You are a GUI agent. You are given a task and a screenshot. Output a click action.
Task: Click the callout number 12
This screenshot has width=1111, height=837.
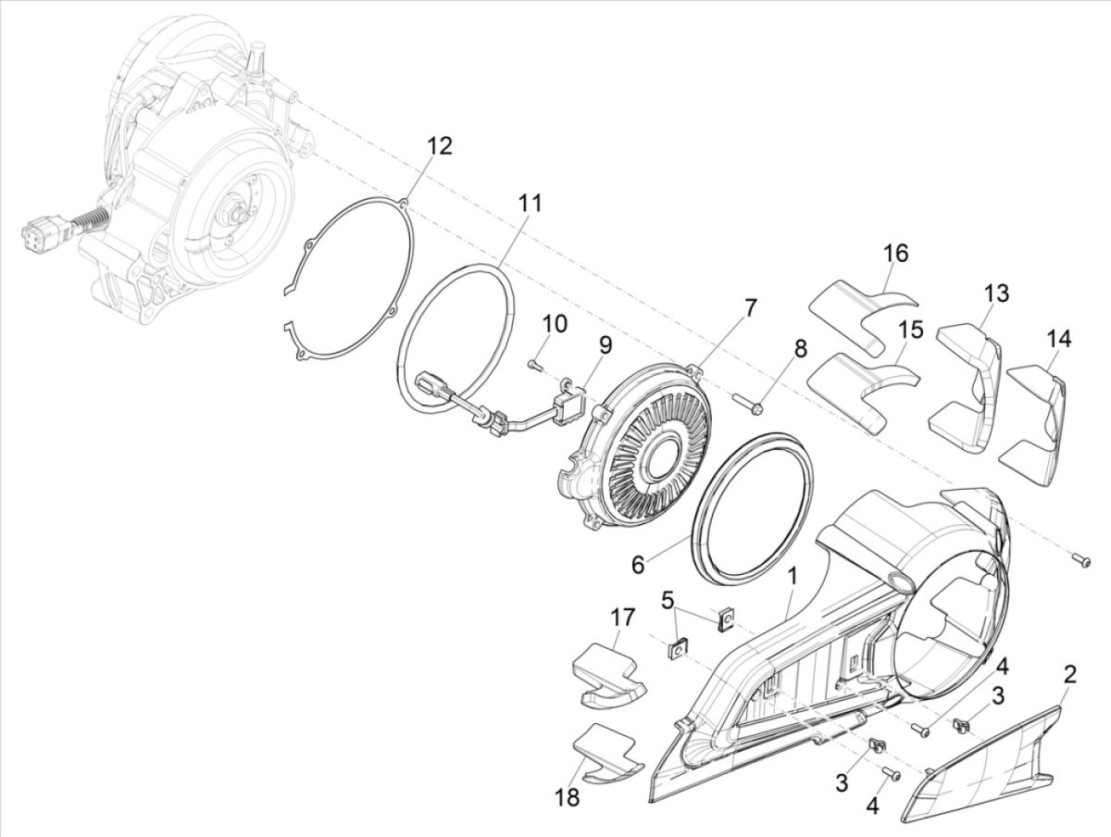[x=440, y=145]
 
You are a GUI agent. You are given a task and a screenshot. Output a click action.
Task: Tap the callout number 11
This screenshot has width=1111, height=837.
[x=531, y=203]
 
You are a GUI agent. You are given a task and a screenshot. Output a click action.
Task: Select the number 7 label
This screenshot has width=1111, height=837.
[x=750, y=306]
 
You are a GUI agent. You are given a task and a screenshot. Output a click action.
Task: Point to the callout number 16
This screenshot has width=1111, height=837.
[x=895, y=253]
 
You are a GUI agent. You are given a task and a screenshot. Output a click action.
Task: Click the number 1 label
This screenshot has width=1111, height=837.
[x=793, y=578]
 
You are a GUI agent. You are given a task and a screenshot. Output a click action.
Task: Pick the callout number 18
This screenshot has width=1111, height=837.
[x=568, y=796]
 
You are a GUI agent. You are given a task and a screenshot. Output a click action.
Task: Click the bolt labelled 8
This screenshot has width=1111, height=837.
[x=748, y=403]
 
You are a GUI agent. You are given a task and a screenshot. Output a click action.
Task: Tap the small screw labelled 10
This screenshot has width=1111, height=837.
[x=536, y=364]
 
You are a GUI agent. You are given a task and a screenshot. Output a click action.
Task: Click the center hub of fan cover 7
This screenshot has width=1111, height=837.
[x=666, y=456]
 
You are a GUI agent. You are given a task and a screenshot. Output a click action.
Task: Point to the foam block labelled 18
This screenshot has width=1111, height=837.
[x=607, y=748]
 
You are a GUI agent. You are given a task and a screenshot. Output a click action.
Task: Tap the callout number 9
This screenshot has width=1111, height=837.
[x=605, y=345]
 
